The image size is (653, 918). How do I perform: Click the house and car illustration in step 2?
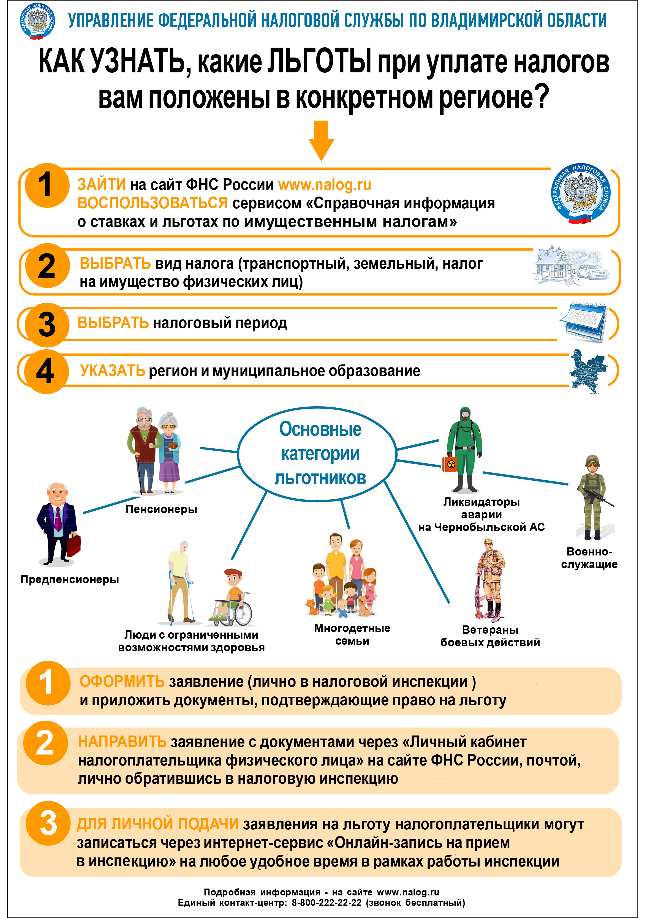571,266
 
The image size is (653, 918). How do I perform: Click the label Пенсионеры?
161,509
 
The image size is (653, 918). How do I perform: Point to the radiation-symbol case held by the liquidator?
450,464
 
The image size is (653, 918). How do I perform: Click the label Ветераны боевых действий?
490,636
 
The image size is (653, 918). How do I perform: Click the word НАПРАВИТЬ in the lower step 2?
122,742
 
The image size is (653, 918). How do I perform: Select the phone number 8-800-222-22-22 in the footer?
326,903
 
